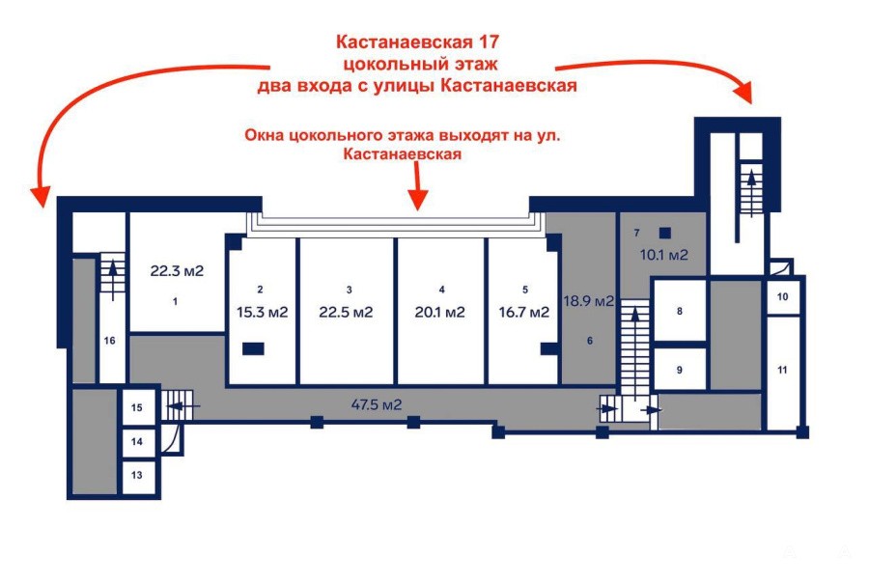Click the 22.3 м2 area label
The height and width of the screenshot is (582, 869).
point(177,271)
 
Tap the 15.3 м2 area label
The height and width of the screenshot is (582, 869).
point(262,313)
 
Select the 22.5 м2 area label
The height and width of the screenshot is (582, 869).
point(346,313)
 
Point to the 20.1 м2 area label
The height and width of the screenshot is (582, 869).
point(440,313)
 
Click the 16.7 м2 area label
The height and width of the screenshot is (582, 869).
point(523,313)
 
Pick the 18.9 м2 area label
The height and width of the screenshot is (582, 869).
point(589,301)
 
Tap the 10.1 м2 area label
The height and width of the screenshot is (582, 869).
point(664,255)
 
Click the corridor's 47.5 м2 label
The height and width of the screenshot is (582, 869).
point(377,404)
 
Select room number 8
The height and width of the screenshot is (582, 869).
point(680,311)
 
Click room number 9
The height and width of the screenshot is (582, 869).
point(680,370)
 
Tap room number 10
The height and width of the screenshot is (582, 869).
point(782,297)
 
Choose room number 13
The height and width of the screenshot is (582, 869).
point(137,475)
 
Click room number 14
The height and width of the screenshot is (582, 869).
point(137,441)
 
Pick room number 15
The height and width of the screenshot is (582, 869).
point(137,407)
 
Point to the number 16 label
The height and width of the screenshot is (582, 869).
point(110,341)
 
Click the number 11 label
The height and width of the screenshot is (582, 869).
point(782,370)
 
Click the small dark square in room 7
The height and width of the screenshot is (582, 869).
point(665,233)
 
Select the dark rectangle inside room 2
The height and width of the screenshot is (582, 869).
point(253,348)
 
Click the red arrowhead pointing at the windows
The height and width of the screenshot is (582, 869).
point(417,201)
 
